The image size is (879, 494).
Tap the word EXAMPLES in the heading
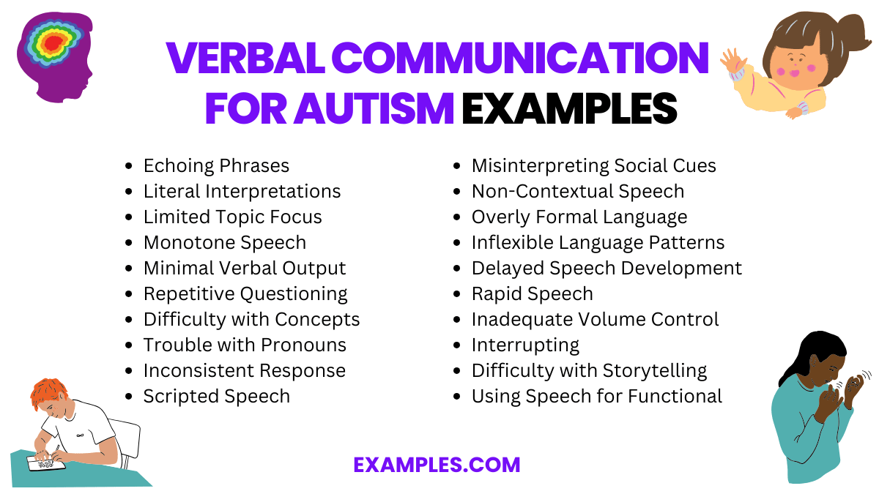point(568,109)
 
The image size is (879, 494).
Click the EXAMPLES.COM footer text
point(437,465)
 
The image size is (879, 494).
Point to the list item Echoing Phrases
point(216,166)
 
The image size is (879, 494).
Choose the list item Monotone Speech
point(224,242)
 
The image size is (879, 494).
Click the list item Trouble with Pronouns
point(245,345)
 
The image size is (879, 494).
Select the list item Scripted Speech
point(216,396)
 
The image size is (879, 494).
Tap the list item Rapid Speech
point(532,293)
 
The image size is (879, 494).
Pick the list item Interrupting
point(525,345)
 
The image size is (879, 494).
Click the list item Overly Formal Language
point(579,217)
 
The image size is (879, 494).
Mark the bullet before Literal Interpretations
point(130,192)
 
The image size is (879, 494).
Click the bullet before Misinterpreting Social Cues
point(458,167)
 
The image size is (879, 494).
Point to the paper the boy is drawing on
point(45,463)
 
